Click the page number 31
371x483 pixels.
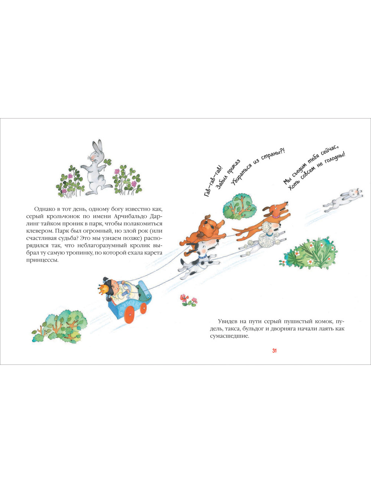(275, 351)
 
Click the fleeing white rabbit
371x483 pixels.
(342, 199)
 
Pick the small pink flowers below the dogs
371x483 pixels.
(189, 300)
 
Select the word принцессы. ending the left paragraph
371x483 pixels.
(42, 260)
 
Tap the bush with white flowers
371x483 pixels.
(308, 253)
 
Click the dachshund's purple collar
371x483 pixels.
(276, 215)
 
